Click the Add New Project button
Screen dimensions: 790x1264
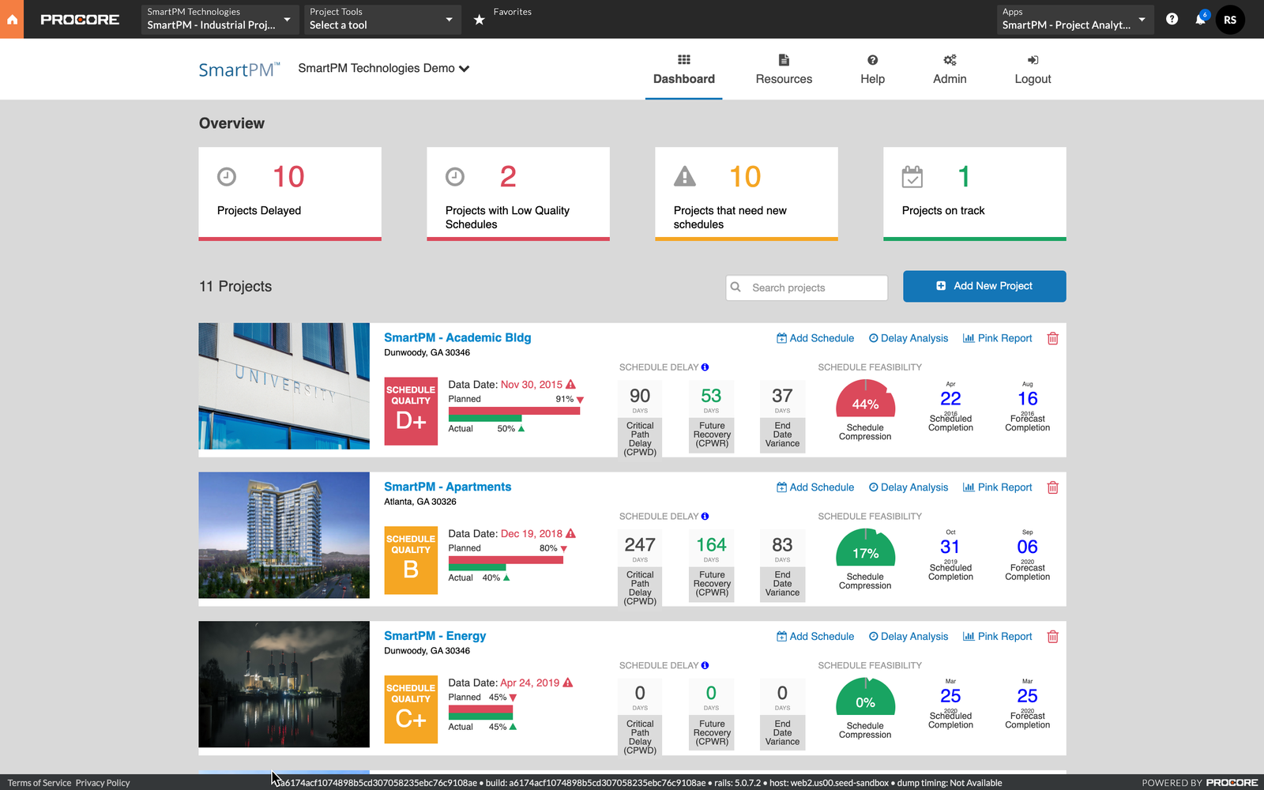[984, 286]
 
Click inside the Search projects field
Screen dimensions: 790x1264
[814, 288]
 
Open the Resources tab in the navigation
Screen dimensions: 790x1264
[784, 70]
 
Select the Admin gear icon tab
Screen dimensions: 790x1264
[950, 61]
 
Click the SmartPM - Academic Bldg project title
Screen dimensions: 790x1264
[457, 337]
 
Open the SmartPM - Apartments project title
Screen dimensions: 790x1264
[447, 487]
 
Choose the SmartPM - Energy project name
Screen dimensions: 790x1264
[434, 636]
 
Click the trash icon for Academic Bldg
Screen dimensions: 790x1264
[1052, 338]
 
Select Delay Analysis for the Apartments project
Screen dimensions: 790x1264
[908, 487]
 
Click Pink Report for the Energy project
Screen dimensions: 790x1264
[998, 637]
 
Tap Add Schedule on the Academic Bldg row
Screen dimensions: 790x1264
[815, 338]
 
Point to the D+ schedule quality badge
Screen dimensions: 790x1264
[411, 412]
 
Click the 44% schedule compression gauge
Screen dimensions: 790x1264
[865, 401]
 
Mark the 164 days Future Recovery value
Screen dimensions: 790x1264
[711, 545]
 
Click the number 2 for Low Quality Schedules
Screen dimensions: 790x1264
[508, 177]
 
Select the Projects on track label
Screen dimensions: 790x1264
[943, 210]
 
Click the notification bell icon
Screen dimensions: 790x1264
[1200, 20]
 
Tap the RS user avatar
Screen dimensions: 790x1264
[1230, 20]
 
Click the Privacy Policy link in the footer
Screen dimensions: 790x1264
[103, 783]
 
